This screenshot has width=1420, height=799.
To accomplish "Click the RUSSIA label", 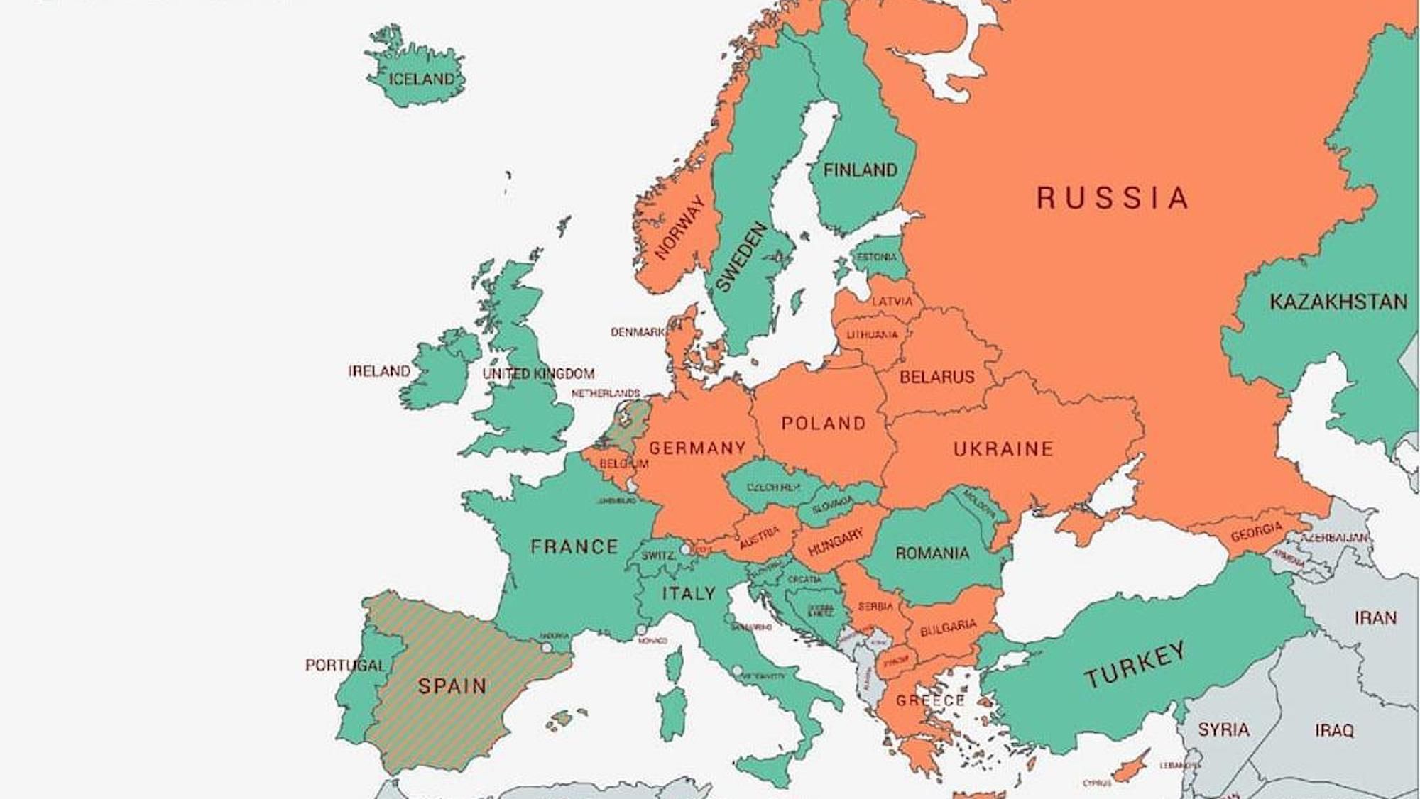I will (x=1112, y=198).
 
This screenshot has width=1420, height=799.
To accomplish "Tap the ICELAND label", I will (x=420, y=79).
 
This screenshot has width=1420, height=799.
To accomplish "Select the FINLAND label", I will (x=860, y=170).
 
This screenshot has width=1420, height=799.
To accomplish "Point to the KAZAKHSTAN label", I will (x=1338, y=302).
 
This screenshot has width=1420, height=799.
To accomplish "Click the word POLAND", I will (x=824, y=424).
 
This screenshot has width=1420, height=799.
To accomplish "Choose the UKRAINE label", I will (x=1003, y=448).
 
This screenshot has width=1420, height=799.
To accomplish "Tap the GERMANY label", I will (x=697, y=448).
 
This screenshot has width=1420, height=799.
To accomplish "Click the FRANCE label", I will (x=574, y=546).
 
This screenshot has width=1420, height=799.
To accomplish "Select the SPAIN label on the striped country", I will (x=452, y=686).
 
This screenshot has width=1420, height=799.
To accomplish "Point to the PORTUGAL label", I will (x=345, y=665).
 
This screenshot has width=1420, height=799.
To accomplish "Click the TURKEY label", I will (x=1134, y=665).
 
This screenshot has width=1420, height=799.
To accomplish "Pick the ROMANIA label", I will (x=932, y=553).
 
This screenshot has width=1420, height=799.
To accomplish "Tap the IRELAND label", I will (x=379, y=371).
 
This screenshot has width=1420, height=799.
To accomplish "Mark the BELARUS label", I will (x=936, y=377).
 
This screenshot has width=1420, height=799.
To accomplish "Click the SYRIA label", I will (x=1223, y=729).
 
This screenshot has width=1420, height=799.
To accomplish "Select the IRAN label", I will (x=1375, y=618).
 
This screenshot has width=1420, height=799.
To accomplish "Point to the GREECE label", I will (x=929, y=701).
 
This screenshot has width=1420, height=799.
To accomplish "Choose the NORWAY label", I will (x=679, y=228).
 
